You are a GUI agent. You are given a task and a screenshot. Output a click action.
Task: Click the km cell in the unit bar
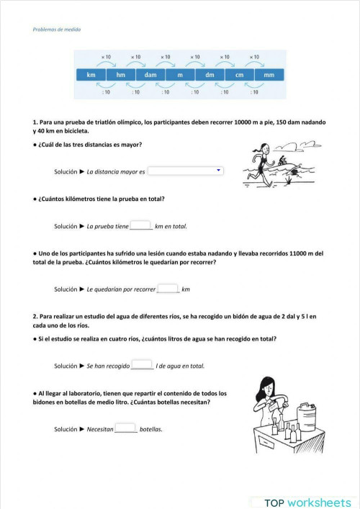click(91, 75)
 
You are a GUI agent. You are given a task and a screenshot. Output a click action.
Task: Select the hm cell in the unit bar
click(120, 75)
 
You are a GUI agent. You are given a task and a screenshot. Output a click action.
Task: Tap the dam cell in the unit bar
click(150, 75)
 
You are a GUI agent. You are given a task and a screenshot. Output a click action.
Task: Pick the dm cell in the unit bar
click(210, 75)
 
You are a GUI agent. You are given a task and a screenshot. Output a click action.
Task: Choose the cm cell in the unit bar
click(239, 75)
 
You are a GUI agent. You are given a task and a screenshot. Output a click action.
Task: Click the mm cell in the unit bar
click(269, 75)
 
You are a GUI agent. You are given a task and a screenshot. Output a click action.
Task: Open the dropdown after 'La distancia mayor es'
click(186, 171)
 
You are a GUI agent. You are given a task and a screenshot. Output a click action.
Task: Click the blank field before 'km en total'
click(141, 225)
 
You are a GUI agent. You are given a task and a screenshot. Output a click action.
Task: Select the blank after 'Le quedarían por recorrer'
click(168, 289)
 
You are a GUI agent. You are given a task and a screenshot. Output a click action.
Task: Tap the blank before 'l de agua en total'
click(142, 365)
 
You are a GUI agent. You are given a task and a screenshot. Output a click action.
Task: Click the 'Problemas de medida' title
click(57, 30)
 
